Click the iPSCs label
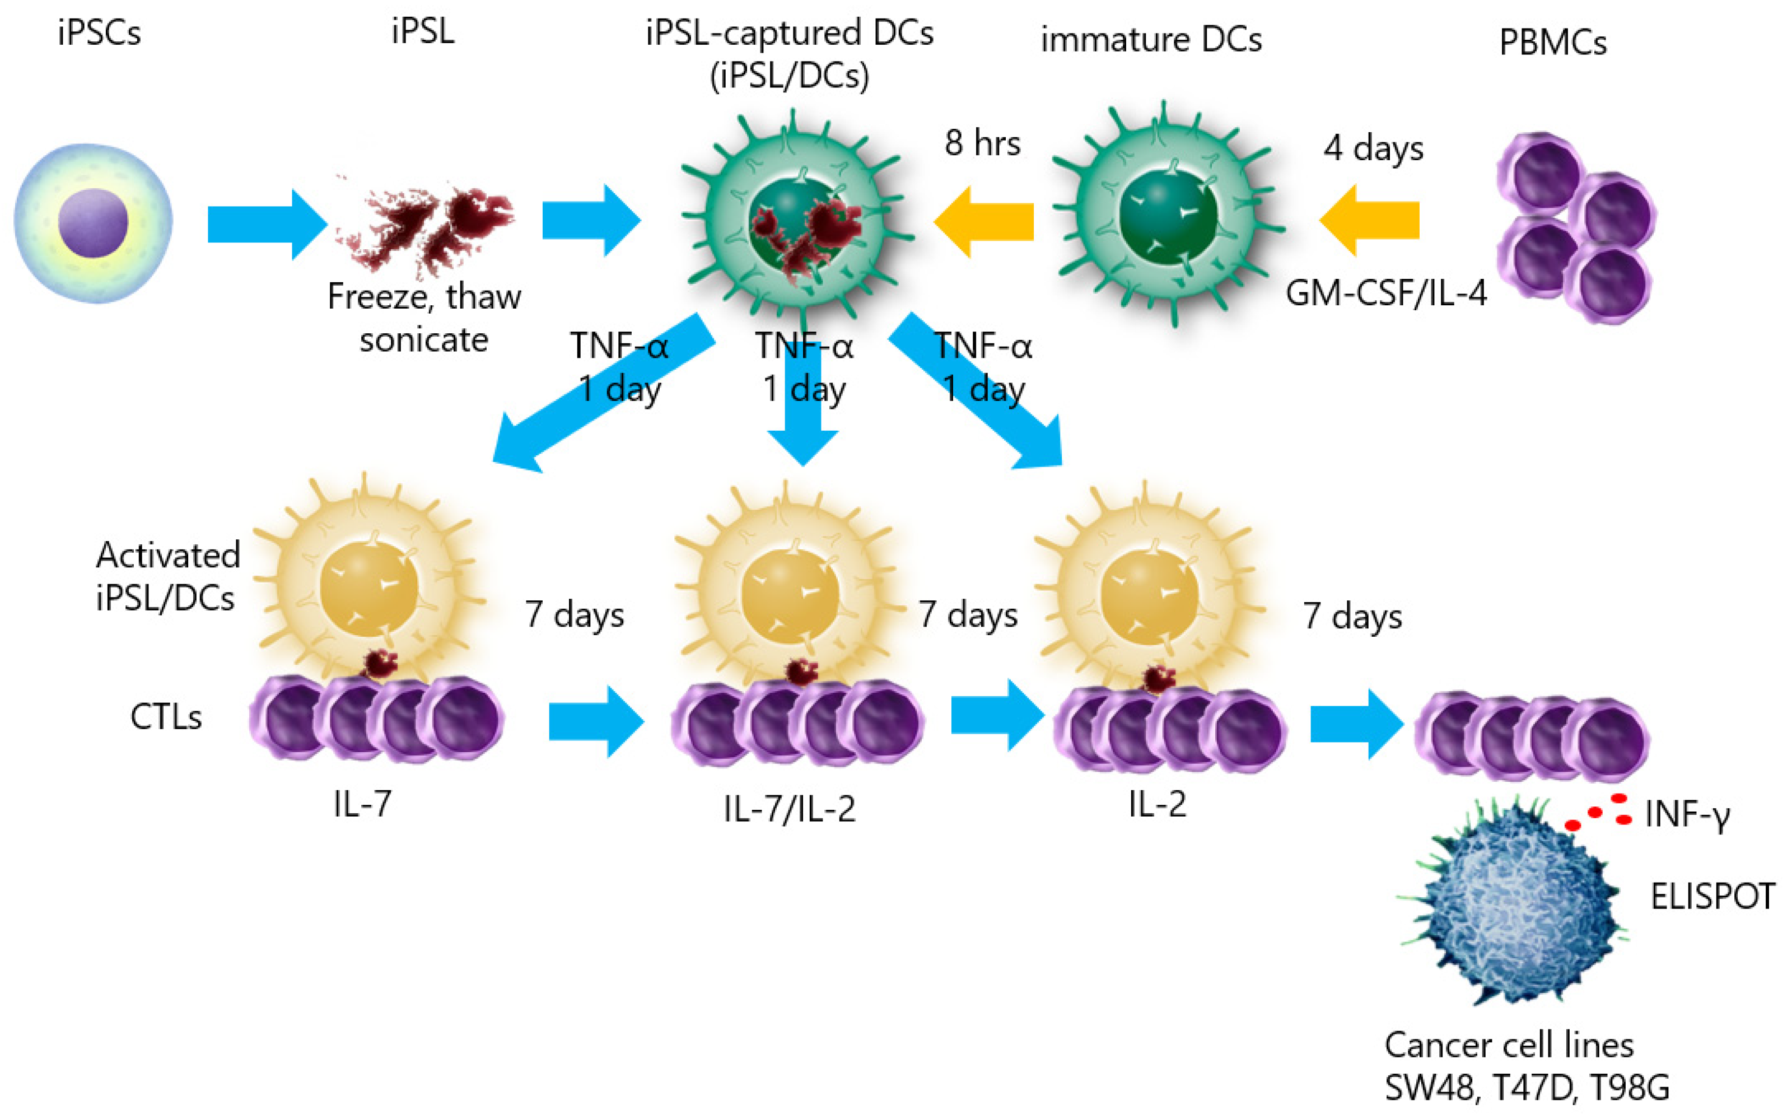(x=99, y=33)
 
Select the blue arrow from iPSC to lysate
(x=267, y=224)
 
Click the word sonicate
(x=424, y=341)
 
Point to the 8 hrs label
(x=983, y=143)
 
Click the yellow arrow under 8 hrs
(x=984, y=221)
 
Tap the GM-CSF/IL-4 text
(x=1386, y=293)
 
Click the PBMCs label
(x=1552, y=43)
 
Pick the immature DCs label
(x=1151, y=40)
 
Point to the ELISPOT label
(x=1712, y=896)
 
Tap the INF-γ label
(x=1687, y=815)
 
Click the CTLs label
(x=166, y=716)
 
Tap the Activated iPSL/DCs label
(x=168, y=576)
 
